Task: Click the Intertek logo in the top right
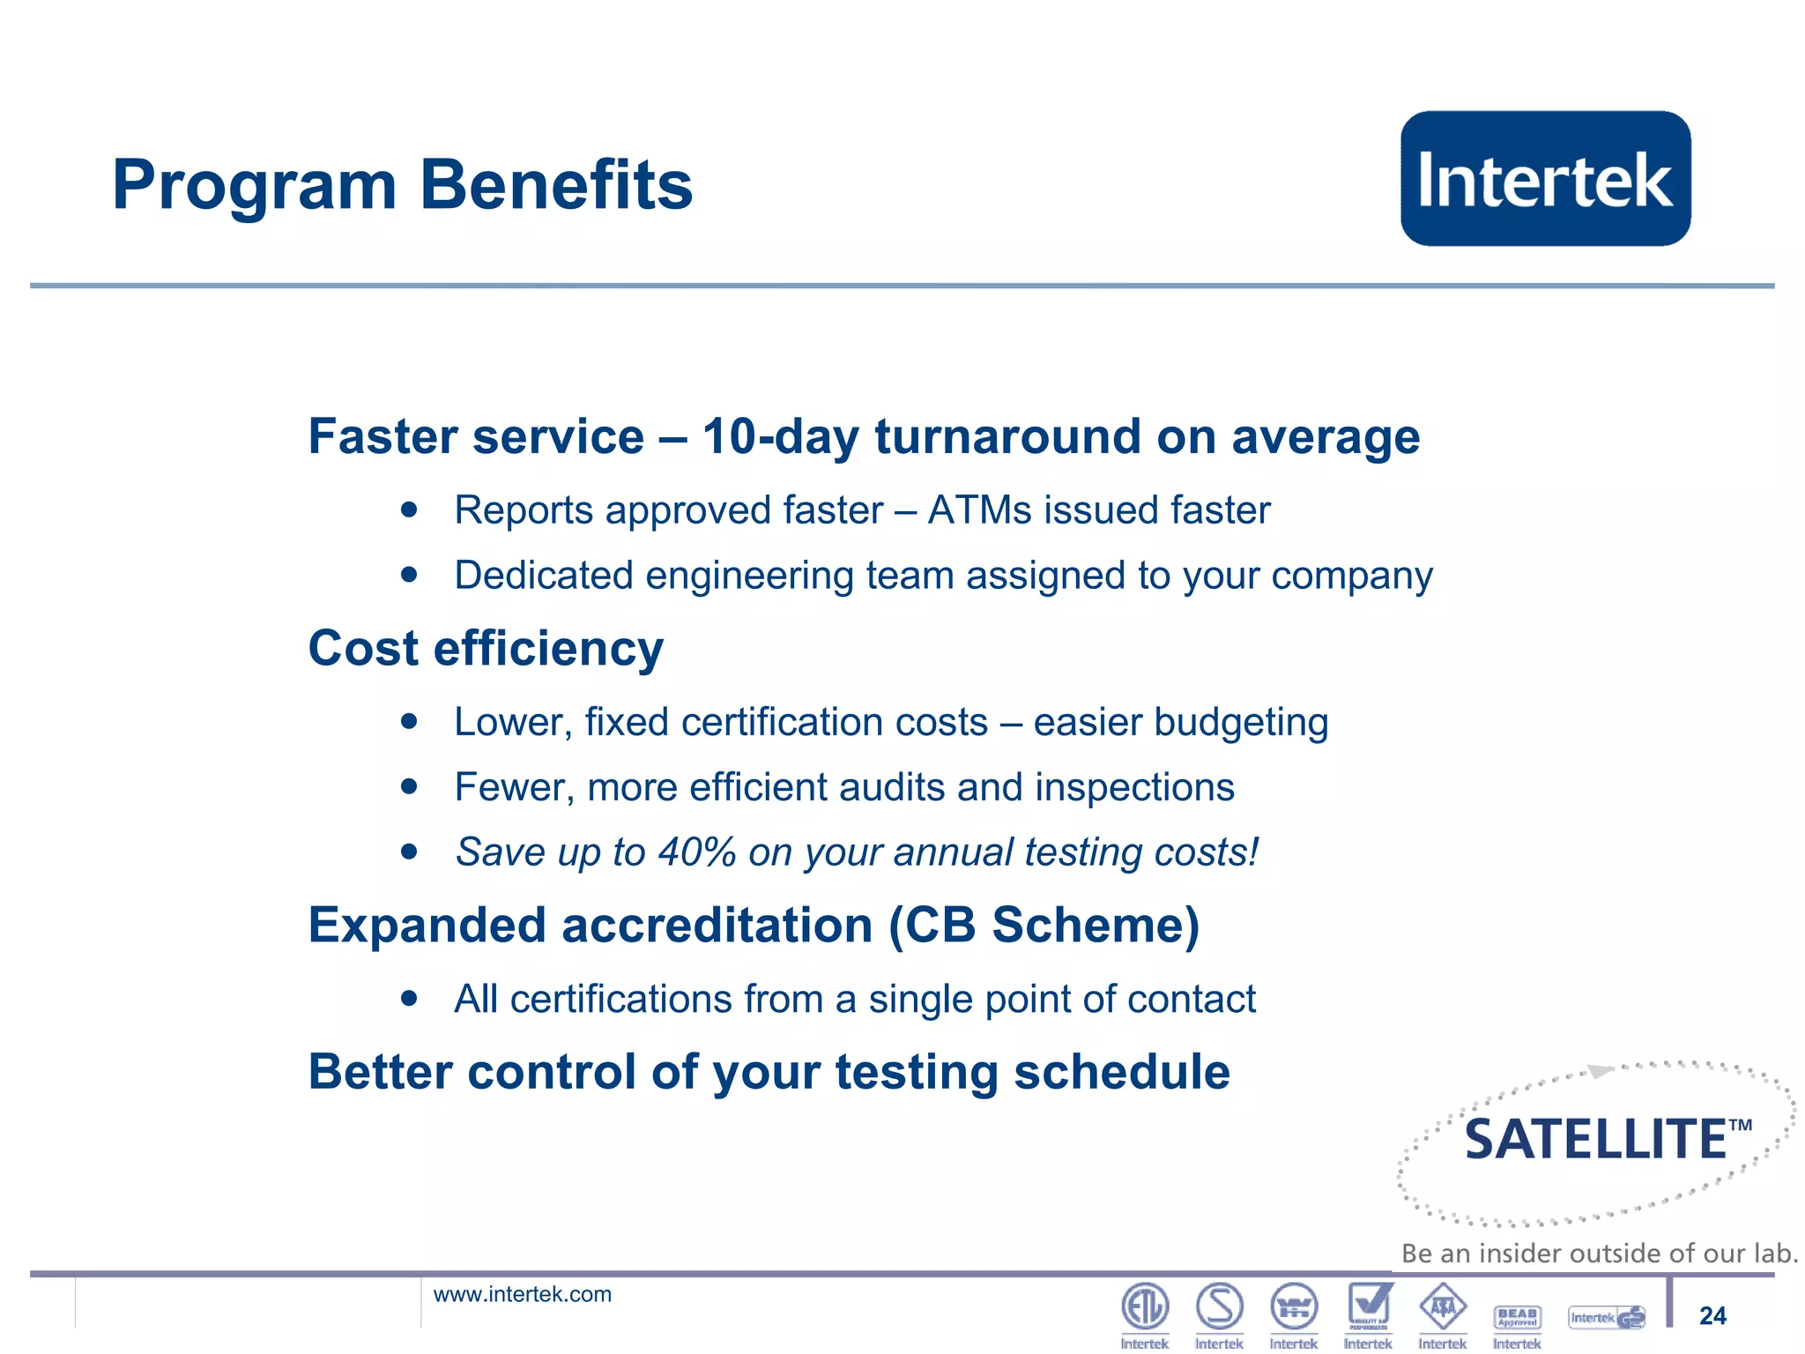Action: [x=1545, y=179]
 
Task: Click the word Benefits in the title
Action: [x=556, y=185]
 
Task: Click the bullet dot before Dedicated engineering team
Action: [x=408, y=575]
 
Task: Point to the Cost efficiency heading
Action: [x=486, y=649]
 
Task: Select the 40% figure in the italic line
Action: [x=696, y=852]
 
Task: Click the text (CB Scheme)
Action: [x=1044, y=926]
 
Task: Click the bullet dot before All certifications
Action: [x=408, y=999]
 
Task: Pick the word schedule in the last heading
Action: [x=1121, y=1072]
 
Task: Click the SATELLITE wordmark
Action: [x=1596, y=1139]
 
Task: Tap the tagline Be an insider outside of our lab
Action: [x=1599, y=1253]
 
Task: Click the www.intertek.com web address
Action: [x=522, y=1294]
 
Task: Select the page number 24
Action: [x=1712, y=1315]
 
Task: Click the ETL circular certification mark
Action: [x=1145, y=1306]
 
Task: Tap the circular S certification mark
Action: [x=1220, y=1306]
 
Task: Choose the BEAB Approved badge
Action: [x=1517, y=1317]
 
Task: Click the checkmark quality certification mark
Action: [x=1369, y=1306]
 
